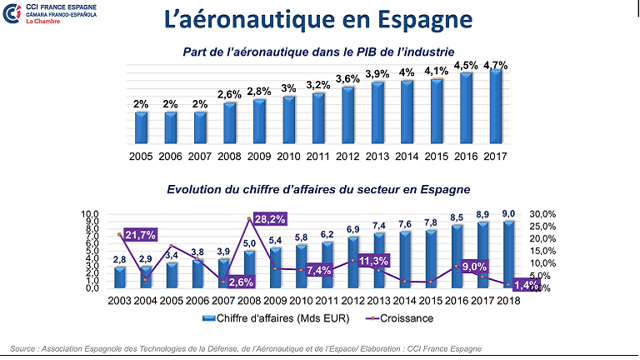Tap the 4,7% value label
pos(496,63)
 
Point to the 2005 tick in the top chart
pos(142,155)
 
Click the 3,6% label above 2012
pos(348,79)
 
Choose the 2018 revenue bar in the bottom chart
pos(508,254)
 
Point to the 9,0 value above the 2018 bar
pos(508,214)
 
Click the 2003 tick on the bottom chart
pos(119,301)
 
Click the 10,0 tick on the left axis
pos(90,214)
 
